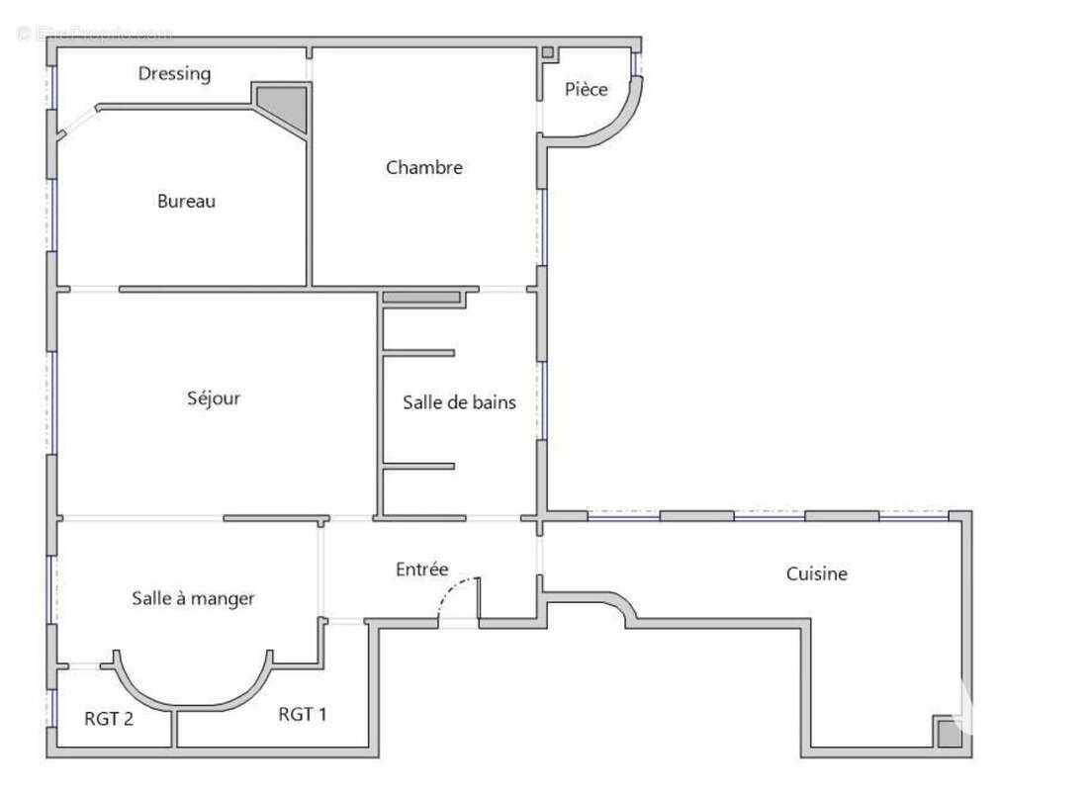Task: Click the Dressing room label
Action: point(174,73)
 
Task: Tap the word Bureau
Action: point(186,201)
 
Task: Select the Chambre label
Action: point(423,167)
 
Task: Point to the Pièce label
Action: point(586,89)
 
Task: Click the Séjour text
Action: point(214,398)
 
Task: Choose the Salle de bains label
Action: point(459,402)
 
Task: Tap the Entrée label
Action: point(421,570)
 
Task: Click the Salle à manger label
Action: point(193,598)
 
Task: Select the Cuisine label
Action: point(816,573)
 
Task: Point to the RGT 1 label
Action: point(302,714)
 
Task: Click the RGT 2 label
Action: point(109,719)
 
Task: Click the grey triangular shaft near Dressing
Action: point(287,103)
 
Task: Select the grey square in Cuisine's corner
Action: point(948,734)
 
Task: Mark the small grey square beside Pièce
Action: point(547,52)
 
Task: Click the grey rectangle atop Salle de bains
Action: point(422,297)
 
